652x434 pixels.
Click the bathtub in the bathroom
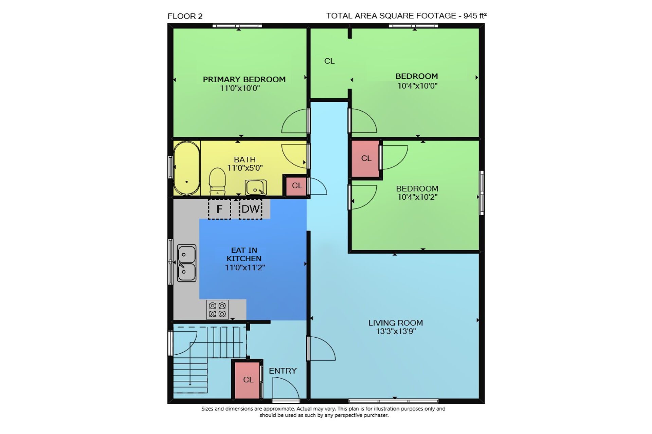[x=186, y=168]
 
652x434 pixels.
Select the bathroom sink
[x=256, y=188]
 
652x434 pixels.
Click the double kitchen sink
[x=187, y=263]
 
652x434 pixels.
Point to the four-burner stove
[x=217, y=310]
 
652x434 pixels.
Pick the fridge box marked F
[x=219, y=209]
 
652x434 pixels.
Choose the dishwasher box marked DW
[x=251, y=209]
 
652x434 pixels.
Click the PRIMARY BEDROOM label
[x=244, y=79]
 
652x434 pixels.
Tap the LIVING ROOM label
[x=396, y=323]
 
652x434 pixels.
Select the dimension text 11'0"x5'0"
[x=245, y=168]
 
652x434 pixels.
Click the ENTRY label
[x=283, y=371]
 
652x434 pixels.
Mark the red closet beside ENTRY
[x=247, y=380]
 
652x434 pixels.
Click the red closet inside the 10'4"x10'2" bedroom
[x=365, y=159]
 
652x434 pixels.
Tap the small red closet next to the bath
[x=296, y=186]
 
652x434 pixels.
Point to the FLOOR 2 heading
[x=185, y=16]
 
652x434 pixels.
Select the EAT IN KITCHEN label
[x=244, y=254]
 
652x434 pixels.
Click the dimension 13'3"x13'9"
[x=396, y=331]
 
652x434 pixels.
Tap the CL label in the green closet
[x=329, y=61]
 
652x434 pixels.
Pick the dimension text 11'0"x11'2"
[x=245, y=268]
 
